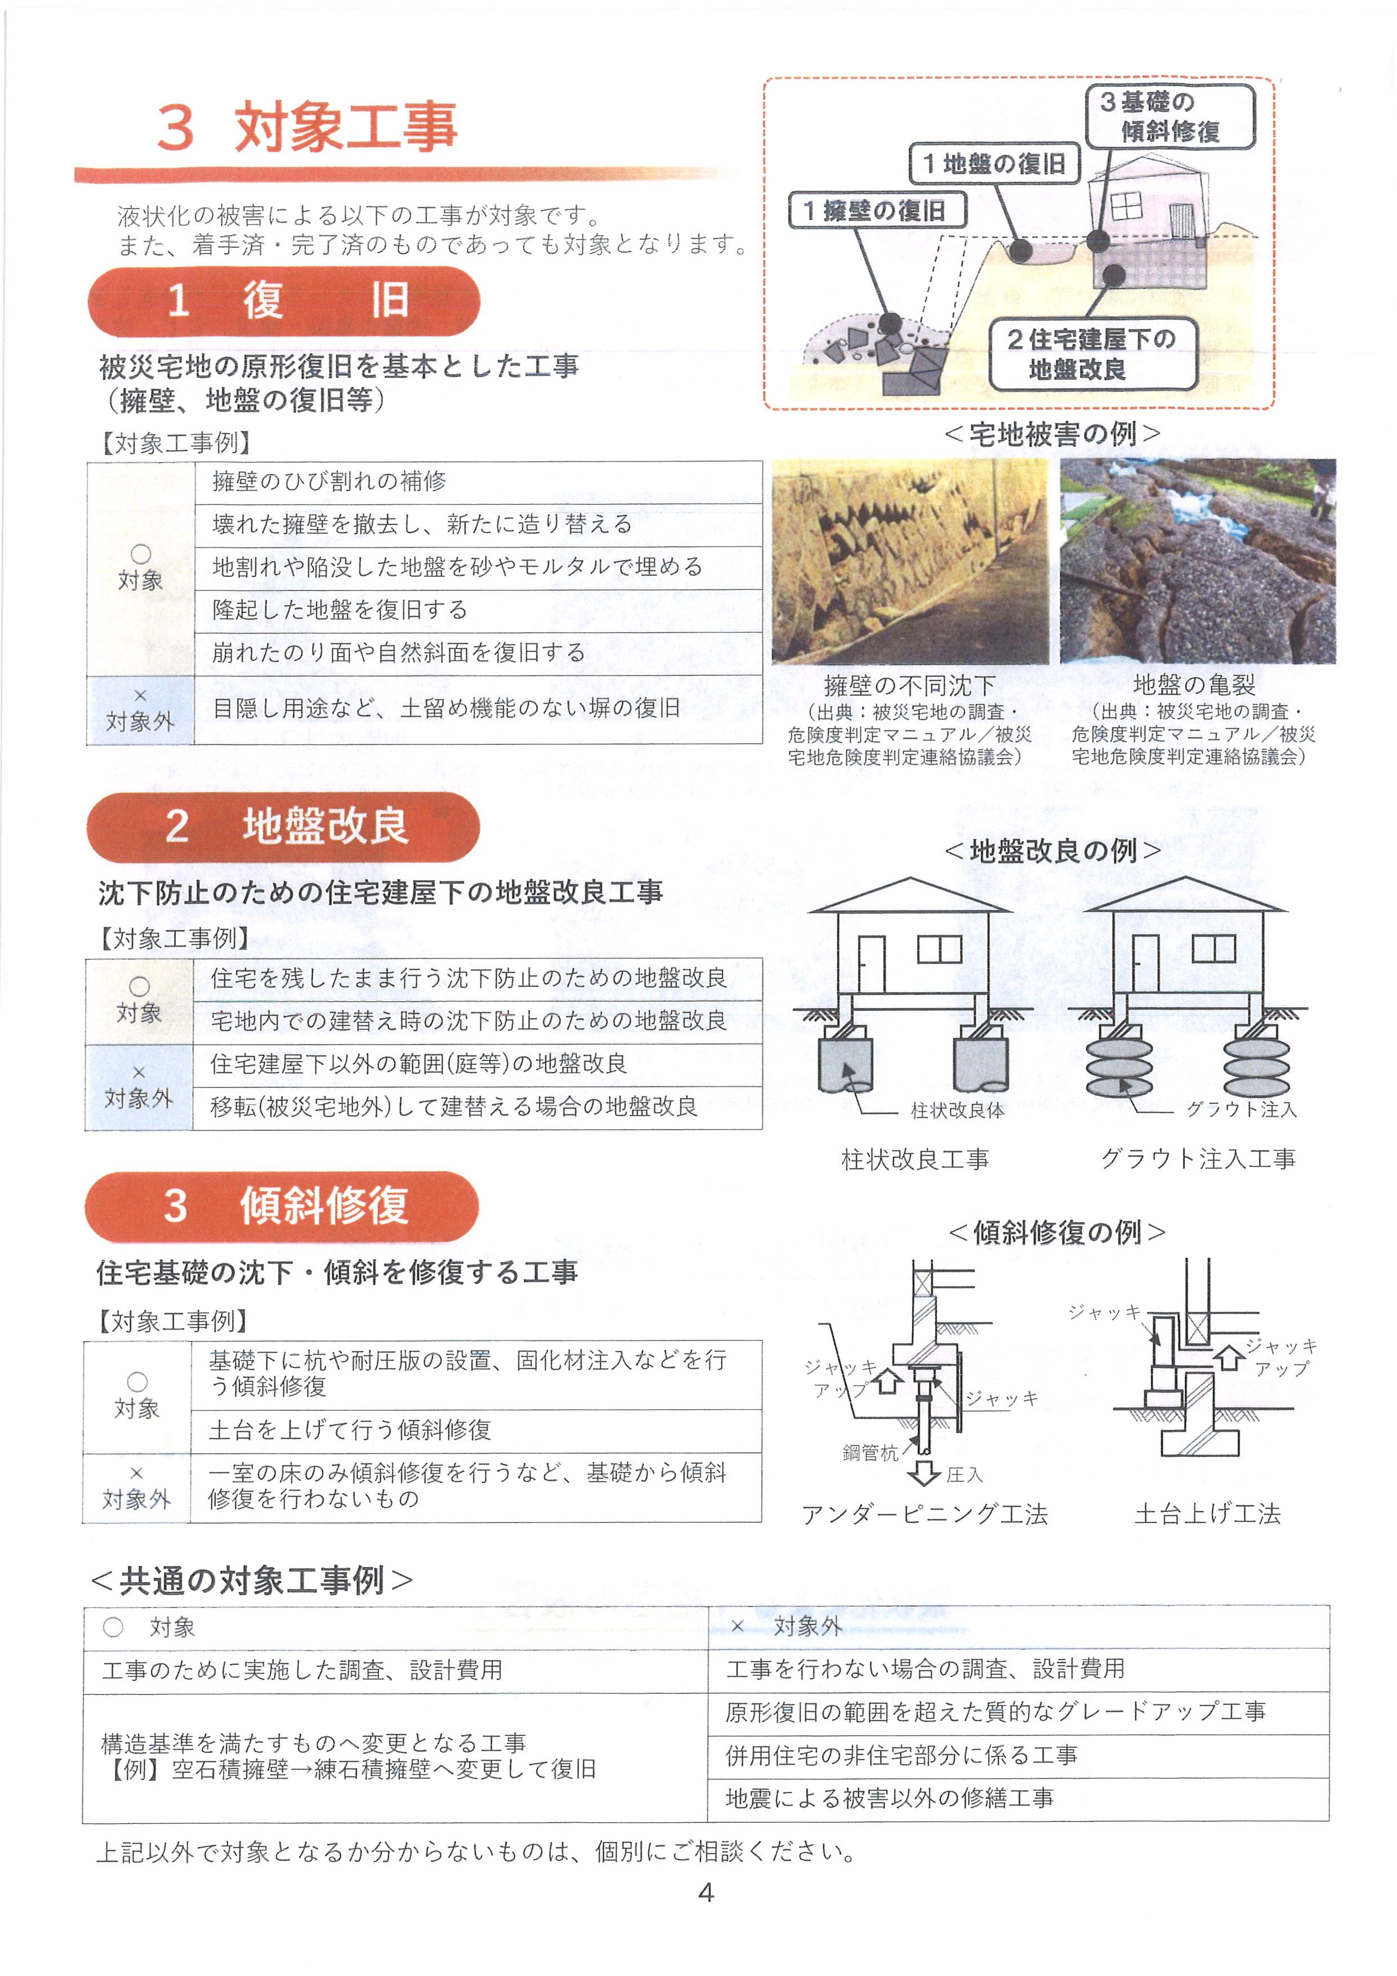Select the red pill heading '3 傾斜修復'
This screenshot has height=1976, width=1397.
tap(281, 1206)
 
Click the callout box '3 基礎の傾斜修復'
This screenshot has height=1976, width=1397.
tap(1170, 116)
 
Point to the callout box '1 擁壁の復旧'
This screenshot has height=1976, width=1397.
tap(878, 211)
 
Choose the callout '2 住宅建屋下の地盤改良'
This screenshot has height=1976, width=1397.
tap(1092, 354)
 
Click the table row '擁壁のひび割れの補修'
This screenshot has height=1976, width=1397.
tap(478, 482)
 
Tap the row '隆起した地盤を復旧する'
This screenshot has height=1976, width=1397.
tap(478, 610)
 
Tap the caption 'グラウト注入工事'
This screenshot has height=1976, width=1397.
tap(1198, 1158)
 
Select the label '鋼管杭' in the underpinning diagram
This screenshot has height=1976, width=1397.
tap(870, 1453)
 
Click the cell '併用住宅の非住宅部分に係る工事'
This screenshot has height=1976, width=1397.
tap(1018, 1756)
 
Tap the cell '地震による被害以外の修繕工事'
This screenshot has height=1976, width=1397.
tap(1018, 1799)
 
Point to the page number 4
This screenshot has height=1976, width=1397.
tap(705, 1893)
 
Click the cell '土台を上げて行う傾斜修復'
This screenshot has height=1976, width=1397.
tap(475, 1431)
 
